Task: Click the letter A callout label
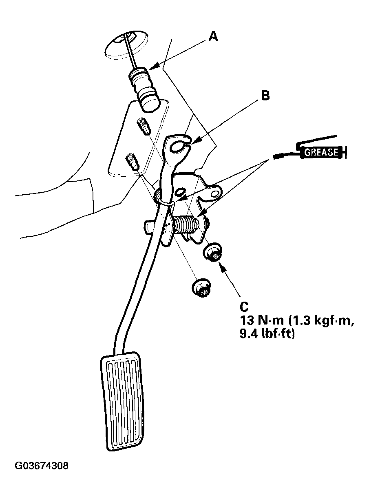pyautogui.click(x=213, y=37)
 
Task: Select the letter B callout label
pyautogui.click(x=265, y=96)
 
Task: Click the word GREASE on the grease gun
pyautogui.click(x=322, y=152)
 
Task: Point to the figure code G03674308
pyautogui.click(x=42, y=466)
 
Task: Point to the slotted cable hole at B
pyautogui.click(x=178, y=146)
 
